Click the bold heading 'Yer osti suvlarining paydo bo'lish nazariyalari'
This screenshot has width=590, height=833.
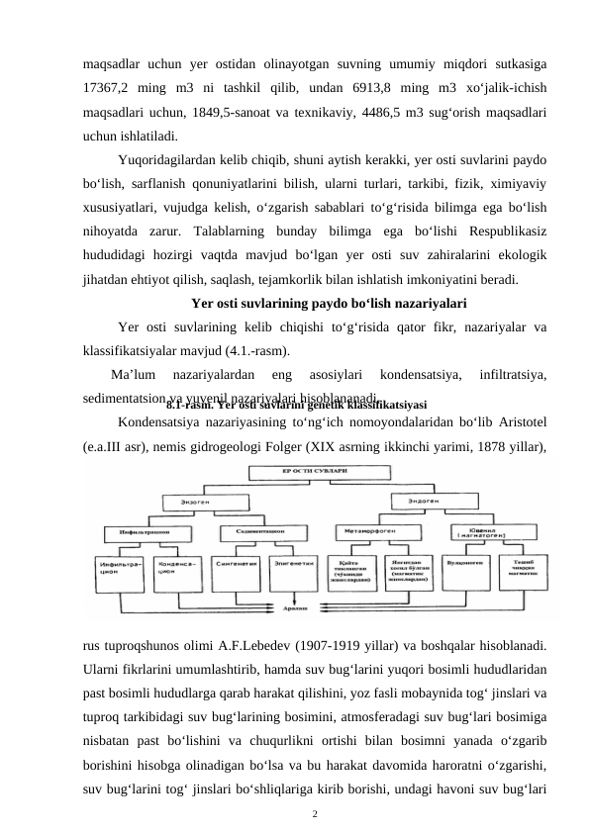pyautogui.click(x=329, y=304)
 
